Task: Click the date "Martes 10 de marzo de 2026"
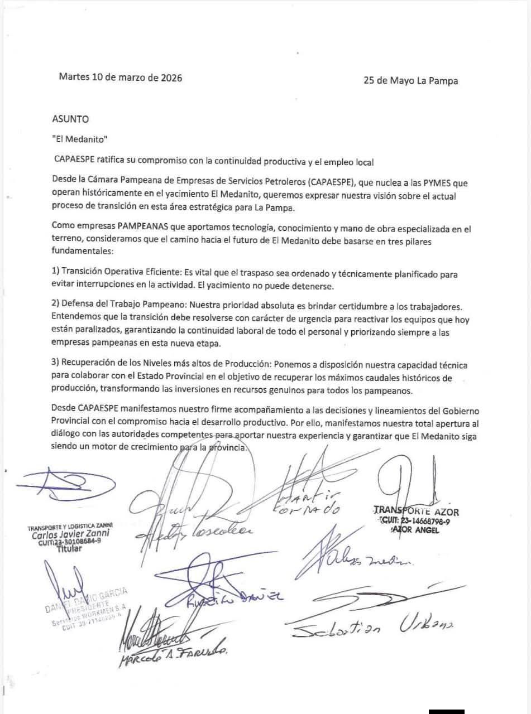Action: (x=120, y=78)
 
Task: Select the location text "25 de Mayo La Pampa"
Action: (x=410, y=80)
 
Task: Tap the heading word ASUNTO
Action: (x=70, y=119)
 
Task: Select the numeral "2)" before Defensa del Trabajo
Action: (x=55, y=307)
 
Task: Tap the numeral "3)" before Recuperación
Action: (x=55, y=364)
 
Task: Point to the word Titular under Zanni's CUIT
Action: (x=69, y=548)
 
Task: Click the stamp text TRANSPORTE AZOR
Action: (x=416, y=511)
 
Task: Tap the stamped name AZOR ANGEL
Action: (x=415, y=530)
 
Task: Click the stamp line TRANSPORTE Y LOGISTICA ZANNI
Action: (x=70, y=525)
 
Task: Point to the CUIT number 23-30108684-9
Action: (x=70, y=542)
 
